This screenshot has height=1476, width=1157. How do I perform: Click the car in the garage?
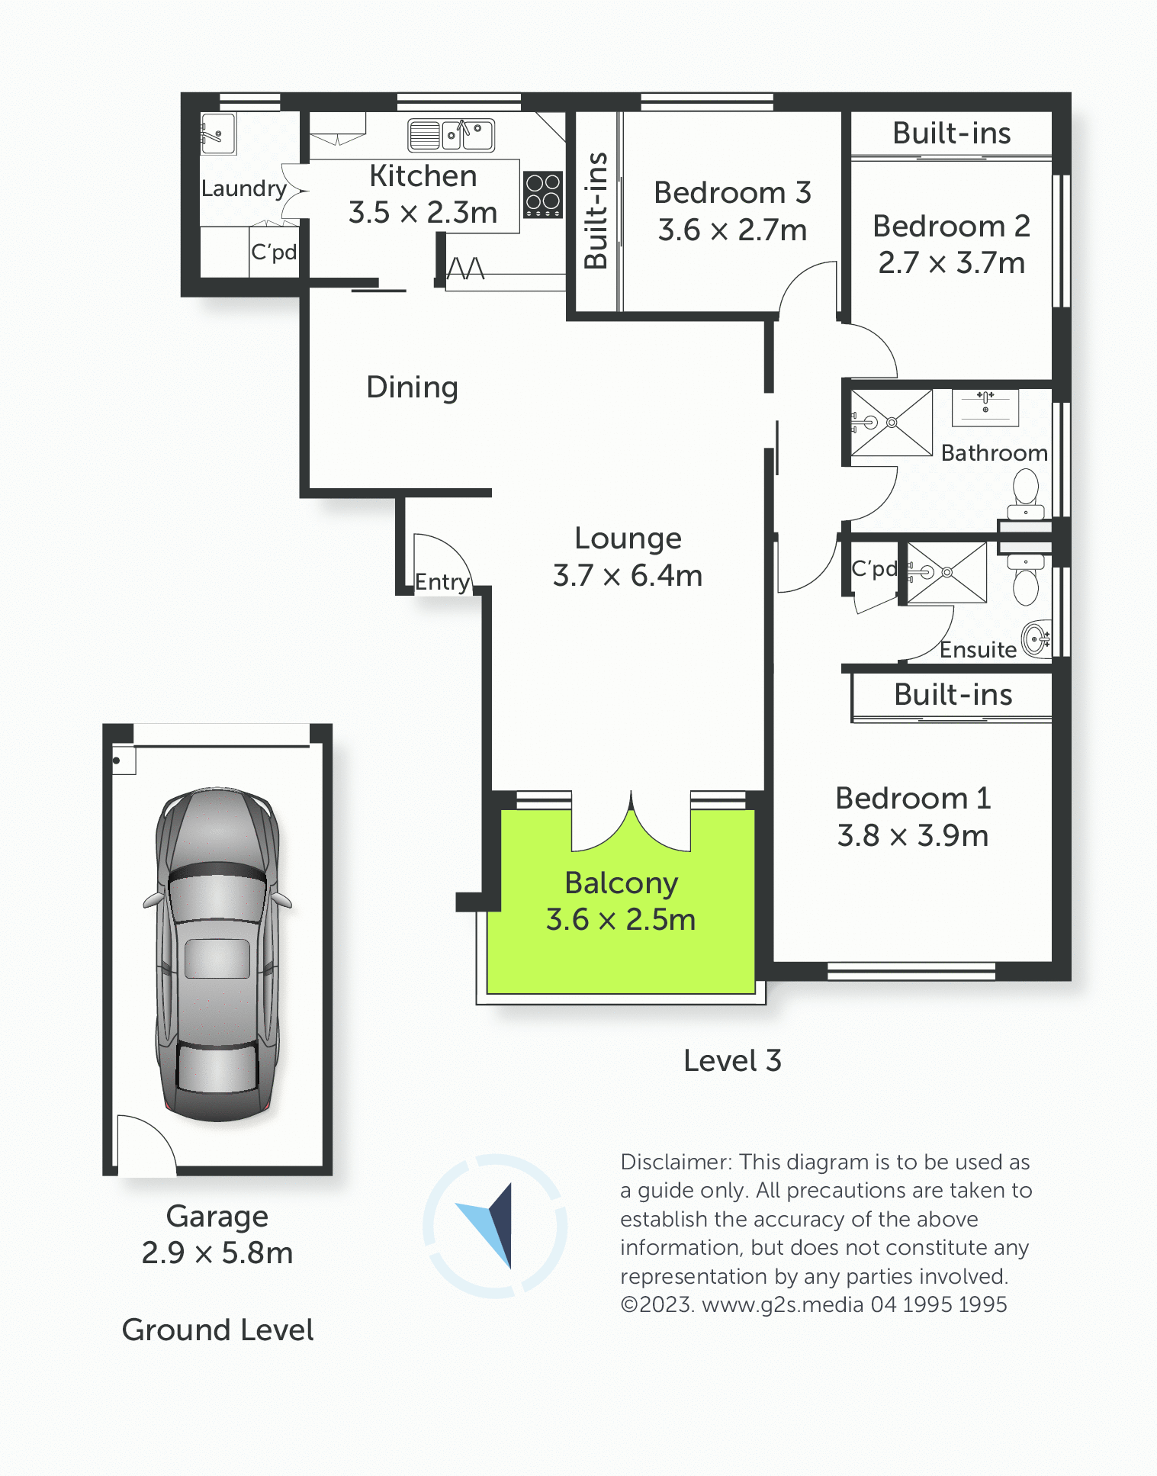(x=217, y=953)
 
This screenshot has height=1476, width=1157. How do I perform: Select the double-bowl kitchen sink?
(x=451, y=135)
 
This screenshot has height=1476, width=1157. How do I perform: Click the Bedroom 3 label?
(x=732, y=193)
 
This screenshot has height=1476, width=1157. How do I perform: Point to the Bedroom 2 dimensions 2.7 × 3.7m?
(x=951, y=263)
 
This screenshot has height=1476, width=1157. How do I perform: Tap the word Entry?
(x=442, y=582)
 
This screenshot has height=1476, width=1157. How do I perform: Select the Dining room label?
(x=412, y=387)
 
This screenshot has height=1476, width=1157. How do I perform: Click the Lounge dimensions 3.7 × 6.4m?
(x=628, y=575)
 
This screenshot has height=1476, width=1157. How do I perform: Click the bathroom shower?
(x=892, y=423)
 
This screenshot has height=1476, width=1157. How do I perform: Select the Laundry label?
(x=244, y=188)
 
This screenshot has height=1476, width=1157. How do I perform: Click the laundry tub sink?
(x=217, y=133)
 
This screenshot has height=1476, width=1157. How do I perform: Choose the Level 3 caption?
(x=732, y=1060)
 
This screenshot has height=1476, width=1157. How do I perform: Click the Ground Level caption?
(x=217, y=1330)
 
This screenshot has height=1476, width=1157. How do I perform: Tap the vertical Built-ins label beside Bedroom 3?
(x=596, y=211)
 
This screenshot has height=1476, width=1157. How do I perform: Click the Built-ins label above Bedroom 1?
(x=953, y=695)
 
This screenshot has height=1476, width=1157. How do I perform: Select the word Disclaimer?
(x=677, y=1162)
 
